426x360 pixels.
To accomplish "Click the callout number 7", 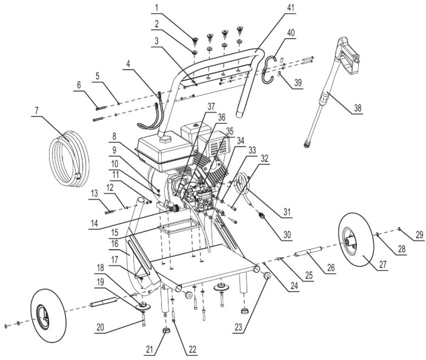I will [37, 113].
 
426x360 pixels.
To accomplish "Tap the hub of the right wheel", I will [350, 241].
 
